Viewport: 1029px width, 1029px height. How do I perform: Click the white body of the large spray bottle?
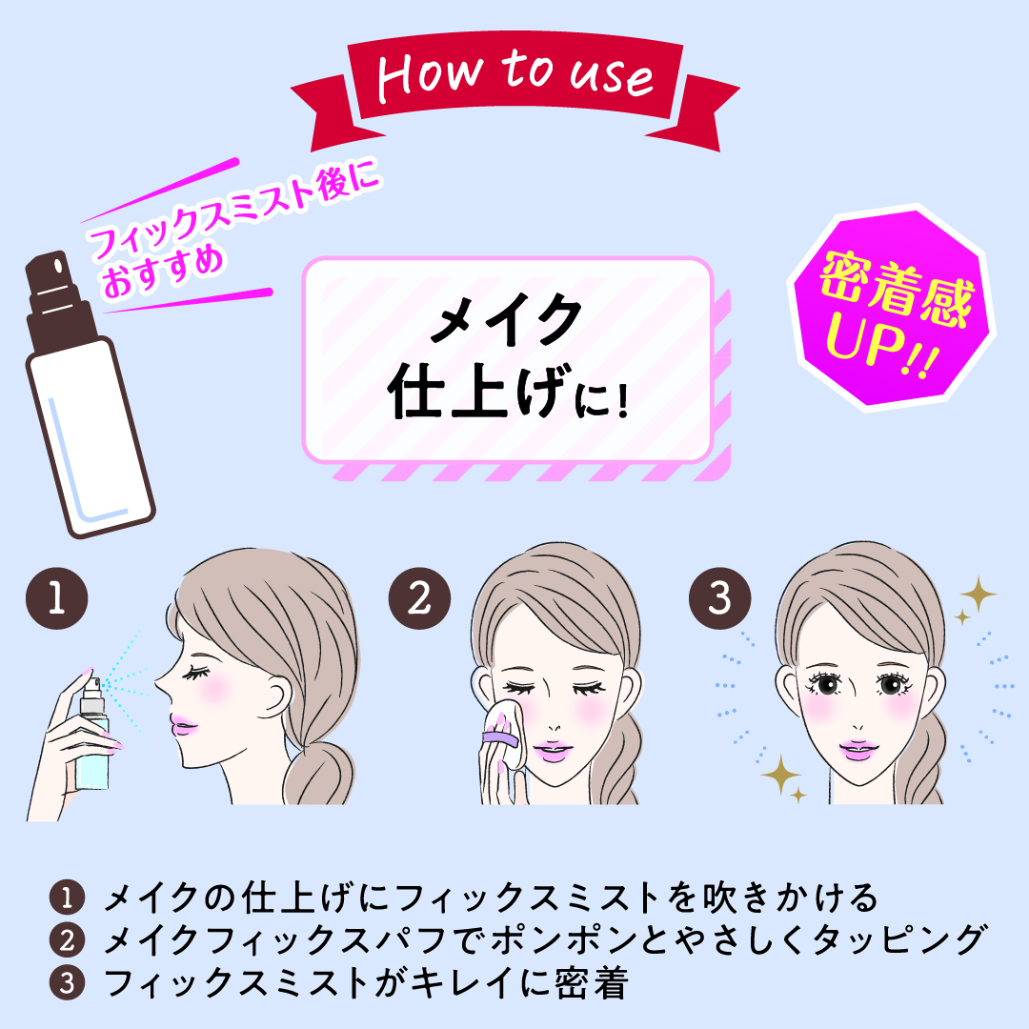[x=90, y=436]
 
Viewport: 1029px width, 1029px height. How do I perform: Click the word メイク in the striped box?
[x=506, y=319]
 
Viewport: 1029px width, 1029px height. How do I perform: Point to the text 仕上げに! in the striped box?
[x=509, y=392]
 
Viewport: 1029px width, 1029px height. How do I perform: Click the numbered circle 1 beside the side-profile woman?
[x=56, y=598]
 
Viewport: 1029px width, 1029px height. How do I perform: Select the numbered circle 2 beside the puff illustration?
[x=419, y=598]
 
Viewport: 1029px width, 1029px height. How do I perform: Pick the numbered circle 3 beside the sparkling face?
[x=720, y=598]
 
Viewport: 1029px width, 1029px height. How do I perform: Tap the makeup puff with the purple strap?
[x=504, y=733]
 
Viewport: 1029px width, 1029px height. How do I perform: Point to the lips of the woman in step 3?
[x=857, y=749]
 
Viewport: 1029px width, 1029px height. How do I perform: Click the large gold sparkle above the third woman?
[x=978, y=594]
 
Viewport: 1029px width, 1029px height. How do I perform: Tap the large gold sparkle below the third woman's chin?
[x=780, y=775]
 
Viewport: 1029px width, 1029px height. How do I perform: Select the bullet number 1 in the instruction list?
[x=67, y=898]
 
